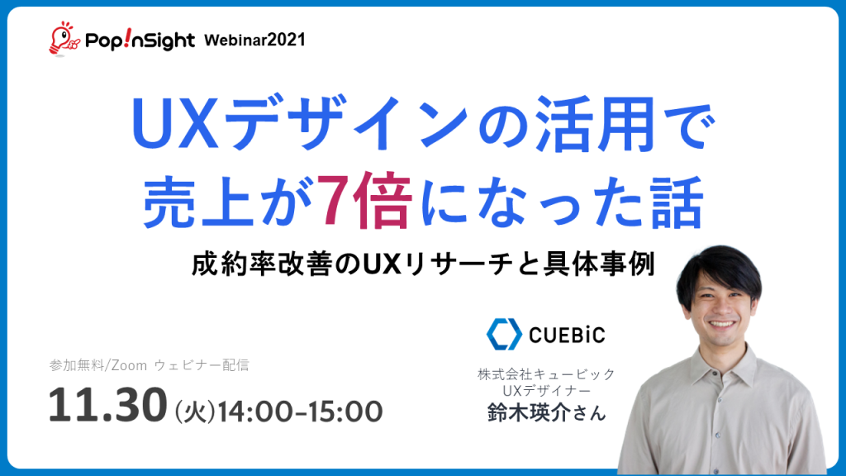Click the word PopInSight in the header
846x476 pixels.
click(140, 40)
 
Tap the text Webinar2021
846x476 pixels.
click(254, 40)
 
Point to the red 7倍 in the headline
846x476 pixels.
click(364, 200)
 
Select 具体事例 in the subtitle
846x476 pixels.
click(598, 264)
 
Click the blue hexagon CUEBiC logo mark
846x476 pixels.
click(504, 334)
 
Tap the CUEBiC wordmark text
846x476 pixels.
click(567, 336)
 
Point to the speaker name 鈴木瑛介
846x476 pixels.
click(530, 413)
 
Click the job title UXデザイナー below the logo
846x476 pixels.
click(547, 390)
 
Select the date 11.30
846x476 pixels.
click(108, 405)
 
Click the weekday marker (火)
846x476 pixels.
click(195, 412)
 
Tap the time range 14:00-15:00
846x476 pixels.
click(300, 412)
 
